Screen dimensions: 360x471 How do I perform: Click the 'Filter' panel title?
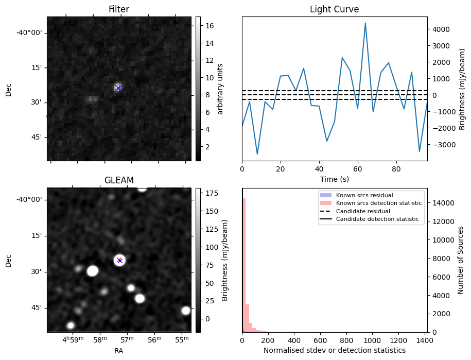point(119,9)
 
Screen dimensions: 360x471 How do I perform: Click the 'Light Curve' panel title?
point(334,9)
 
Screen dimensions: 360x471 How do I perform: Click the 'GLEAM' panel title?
point(119,180)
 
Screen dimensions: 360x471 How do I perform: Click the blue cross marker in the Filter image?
point(118,88)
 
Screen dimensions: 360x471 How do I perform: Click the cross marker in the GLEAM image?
point(119,260)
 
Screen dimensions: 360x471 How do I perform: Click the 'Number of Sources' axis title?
point(461,260)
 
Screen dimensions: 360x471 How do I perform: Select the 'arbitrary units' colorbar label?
point(221,89)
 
